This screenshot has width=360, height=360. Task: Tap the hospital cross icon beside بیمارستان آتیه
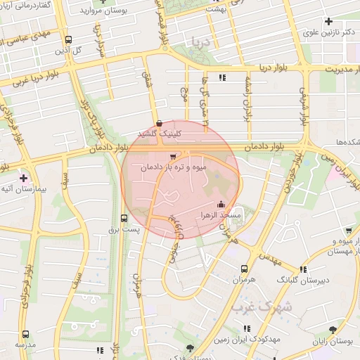click(24, 179)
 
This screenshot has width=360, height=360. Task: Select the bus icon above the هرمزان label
click(244, 269)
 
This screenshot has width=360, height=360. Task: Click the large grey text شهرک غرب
click(264, 307)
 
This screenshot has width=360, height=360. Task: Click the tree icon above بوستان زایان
click(332, 329)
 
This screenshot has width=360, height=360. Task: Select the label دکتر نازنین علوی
click(328, 32)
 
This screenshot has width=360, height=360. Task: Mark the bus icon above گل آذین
click(68, 39)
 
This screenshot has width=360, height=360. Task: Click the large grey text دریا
click(204, 43)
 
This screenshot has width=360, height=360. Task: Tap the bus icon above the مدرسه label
click(26, 334)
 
